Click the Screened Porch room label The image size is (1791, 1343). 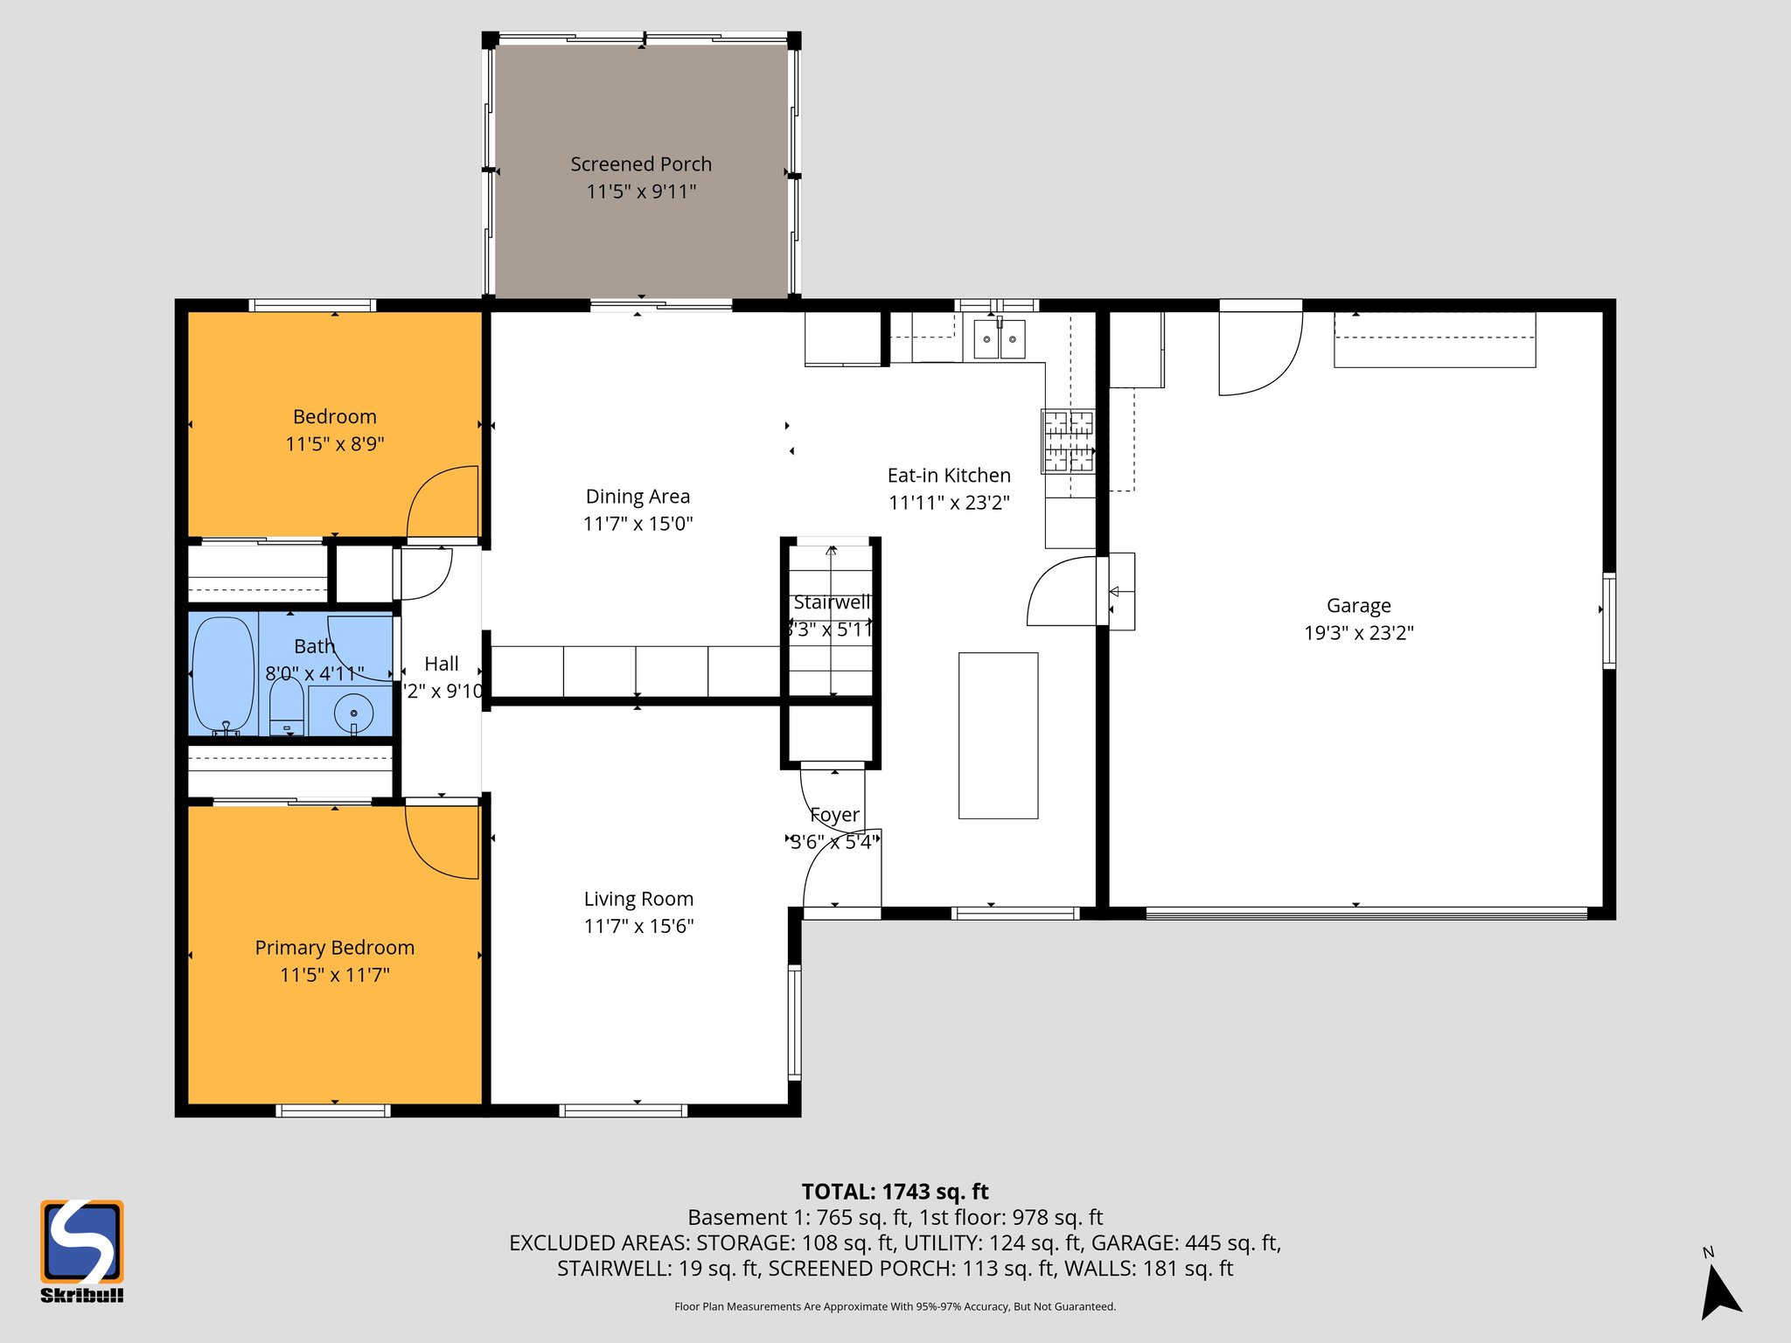[641, 164]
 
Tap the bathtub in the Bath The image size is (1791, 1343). [223, 674]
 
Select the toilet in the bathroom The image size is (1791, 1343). [286, 706]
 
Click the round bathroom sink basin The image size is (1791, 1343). [353, 713]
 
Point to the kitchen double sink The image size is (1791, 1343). [999, 339]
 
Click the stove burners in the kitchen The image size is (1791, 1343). [1068, 441]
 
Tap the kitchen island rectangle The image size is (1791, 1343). [998, 735]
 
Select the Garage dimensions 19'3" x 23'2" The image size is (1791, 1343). [1358, 633]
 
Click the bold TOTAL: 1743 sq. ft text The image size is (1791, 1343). [895, 1192]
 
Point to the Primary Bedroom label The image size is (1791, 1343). [334, 948]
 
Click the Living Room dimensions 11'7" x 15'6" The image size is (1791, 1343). [638, 926]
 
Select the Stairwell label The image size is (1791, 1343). [831, 602]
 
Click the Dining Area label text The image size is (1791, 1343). [638, 497]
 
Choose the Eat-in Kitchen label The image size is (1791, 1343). [949, 476]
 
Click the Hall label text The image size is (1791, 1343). [441, 665]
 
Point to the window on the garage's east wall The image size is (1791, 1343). [1608, 621]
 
